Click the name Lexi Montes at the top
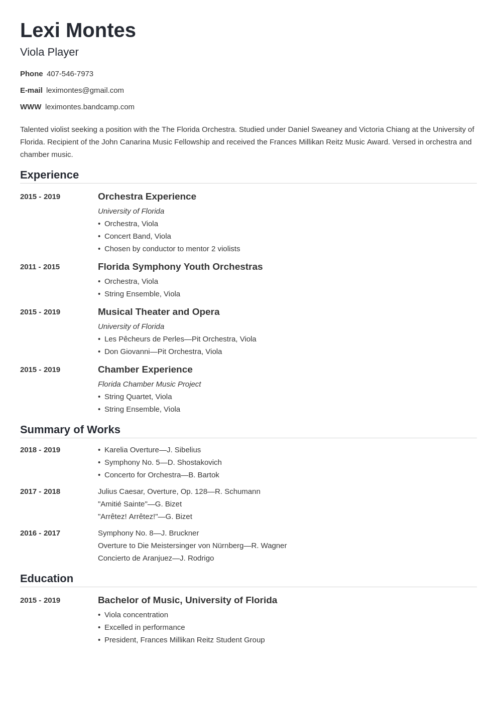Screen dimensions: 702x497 pyautogui.click(x=78, y=31)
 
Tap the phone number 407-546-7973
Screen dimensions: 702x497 pyautogui.click(x=70, y=74)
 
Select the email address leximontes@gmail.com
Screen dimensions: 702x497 pyautogui.click(x=85, y=90)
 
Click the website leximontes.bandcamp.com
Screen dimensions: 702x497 pyautogui.click(x=89, y=107)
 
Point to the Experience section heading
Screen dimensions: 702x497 pyautogui.click(x=49, y=175)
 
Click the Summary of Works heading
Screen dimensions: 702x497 pyautogui.click(x=70, y=430)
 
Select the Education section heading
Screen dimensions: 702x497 pyautogui.click(x=46, y=579)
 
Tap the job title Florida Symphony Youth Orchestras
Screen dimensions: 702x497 pyautogui.click(x=180, y=267)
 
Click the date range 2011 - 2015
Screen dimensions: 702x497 pyautogui.click(x=40, y=267)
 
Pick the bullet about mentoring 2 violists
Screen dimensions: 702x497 pyautogui.click(x=172, y=249)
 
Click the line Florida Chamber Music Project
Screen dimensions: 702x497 pyautogui.click(x=149, y=384)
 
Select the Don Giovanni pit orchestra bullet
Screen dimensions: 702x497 pyautogui.click(x=163, y=352)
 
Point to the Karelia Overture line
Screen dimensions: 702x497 pyautogui.click(x=152, y=450)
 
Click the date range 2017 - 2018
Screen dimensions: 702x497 pyautogui.click(x=40, y=491)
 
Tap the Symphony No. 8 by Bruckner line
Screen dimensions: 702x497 pyautogui.click(x=148, y=533)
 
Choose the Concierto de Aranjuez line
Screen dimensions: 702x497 pyautogui.click(x=156, y=558)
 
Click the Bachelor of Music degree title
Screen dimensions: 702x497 pyautogui.click(x=187, y=600)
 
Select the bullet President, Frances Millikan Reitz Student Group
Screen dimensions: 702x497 pyautogui.click(x=184, y=640)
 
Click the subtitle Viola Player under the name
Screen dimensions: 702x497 pyautogui.click(x=49, y=52)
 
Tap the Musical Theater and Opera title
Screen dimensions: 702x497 pyautogui.click(x=158, y=312)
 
